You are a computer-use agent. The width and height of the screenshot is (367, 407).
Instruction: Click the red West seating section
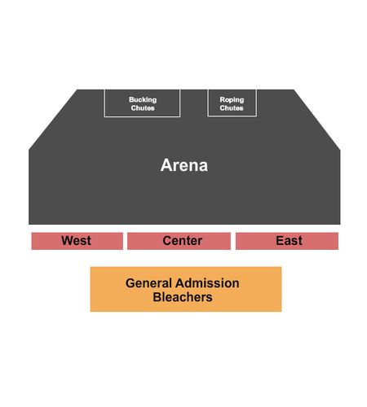(77, 241)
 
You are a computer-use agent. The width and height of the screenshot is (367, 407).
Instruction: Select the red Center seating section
(179, 241)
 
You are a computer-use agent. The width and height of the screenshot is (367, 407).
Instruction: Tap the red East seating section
(287, 241)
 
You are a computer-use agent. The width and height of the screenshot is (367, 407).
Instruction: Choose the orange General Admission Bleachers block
(186, 289)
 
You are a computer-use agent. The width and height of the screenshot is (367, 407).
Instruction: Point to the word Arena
(184, 165)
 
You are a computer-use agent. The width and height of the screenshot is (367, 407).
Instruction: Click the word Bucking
(143, 100)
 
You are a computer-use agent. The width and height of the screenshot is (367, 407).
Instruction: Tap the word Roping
(232, 100)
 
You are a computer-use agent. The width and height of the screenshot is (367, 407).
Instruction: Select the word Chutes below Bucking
(143, 108)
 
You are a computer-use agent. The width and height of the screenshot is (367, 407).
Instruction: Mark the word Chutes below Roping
(232, 108)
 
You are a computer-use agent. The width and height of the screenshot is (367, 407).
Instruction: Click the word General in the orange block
(148, 283)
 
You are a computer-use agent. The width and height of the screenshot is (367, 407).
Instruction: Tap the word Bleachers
(183, 297)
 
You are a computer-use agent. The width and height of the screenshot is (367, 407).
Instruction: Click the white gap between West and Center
(125, 241)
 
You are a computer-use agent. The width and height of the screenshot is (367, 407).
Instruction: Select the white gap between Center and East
(233, 241)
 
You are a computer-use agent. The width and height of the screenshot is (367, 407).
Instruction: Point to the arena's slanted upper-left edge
(53, 120)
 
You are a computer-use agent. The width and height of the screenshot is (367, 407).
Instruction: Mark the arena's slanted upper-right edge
(317, 120)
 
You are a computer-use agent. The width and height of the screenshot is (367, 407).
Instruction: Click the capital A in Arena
(166, 165)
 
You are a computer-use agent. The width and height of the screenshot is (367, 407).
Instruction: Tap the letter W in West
(67, 241)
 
